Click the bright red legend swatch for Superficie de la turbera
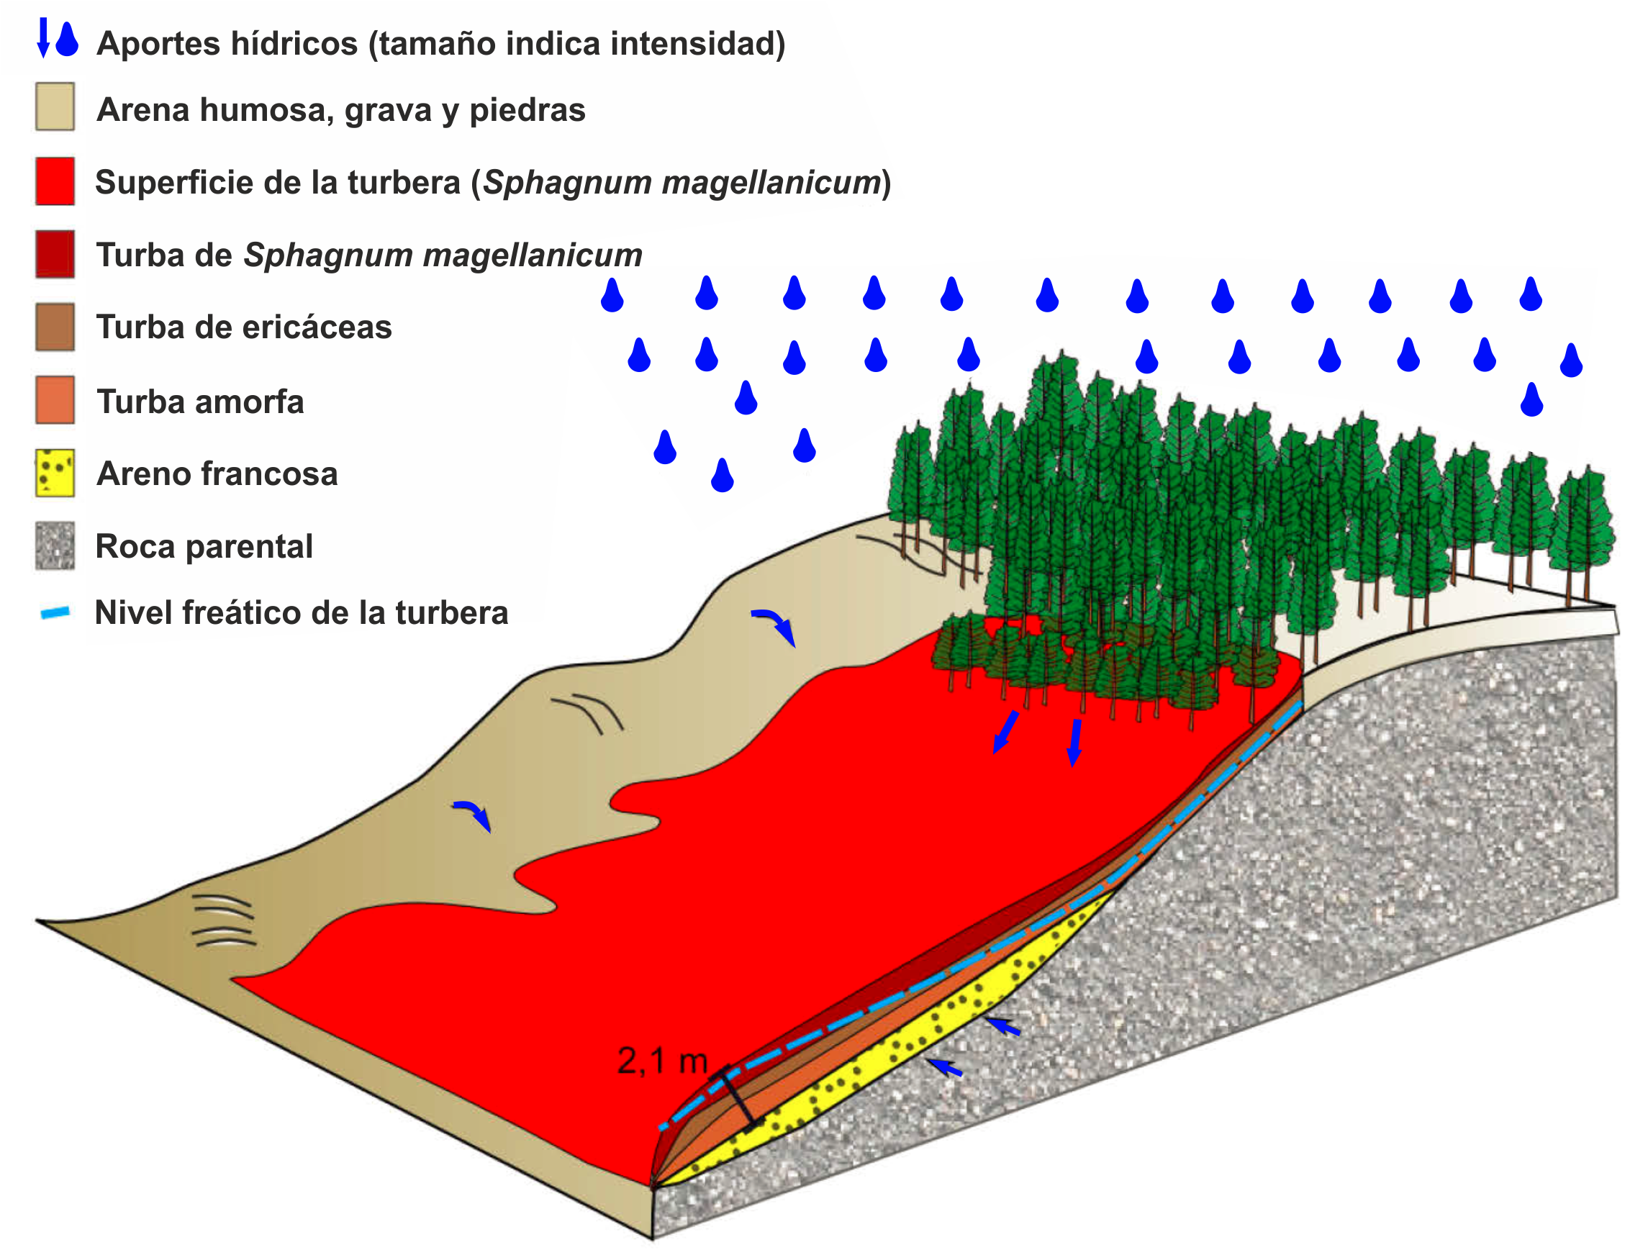[55, 181]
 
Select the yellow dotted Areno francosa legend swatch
[55, 473]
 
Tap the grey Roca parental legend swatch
[55, 546]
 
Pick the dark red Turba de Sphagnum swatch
[55, 255]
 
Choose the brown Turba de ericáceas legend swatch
[55, 327]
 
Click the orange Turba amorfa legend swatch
[55, 400]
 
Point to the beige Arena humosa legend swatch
[55, 107]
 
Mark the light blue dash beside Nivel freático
[55, 613]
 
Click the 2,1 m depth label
[663, 1061]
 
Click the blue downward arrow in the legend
[43, 37]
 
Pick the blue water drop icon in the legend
[67, 39]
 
